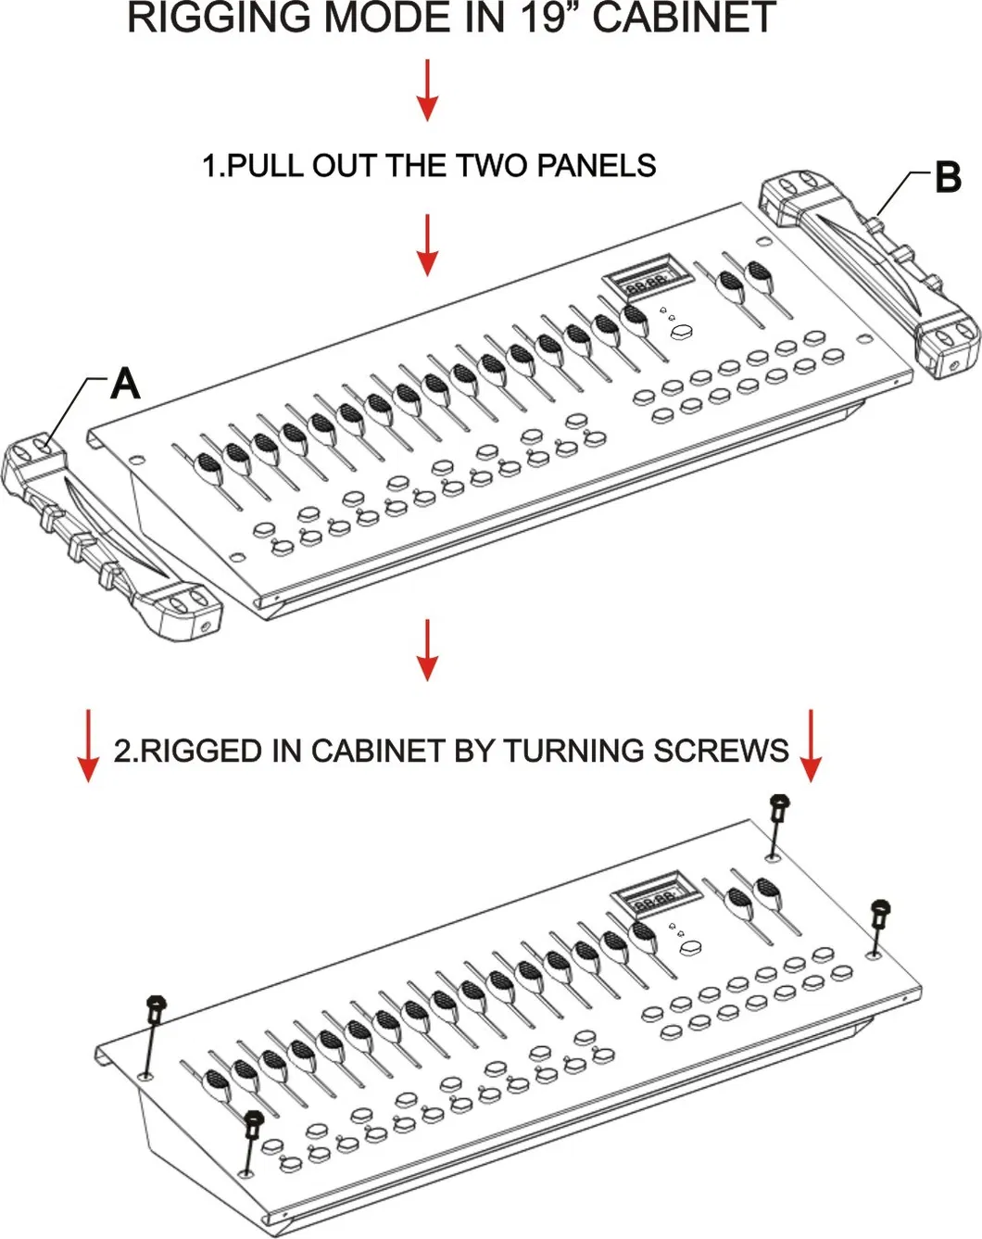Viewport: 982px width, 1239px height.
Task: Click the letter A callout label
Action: point(125,383)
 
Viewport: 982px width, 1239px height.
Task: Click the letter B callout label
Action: point(948,177)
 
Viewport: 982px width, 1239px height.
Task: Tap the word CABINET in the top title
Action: point(685,19)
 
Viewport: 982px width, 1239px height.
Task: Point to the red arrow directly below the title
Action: point(427,90)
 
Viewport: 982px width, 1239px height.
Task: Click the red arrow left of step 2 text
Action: point(88,745)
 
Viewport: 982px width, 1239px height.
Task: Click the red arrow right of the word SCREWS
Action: point(811,745)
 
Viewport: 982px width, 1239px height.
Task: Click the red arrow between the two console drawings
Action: point(427,650)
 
